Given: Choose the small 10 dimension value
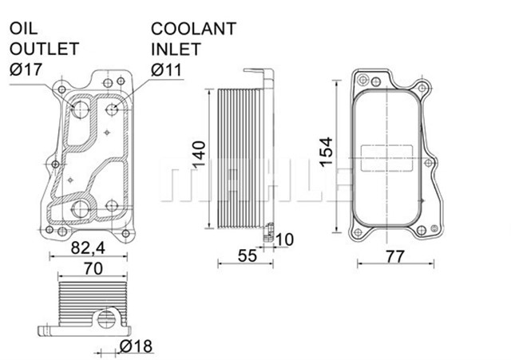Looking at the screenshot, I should [285, 239].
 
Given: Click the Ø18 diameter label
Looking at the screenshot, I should [137, 346].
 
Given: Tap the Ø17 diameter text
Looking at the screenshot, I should [28, 69].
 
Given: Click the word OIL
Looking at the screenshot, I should [25, 29].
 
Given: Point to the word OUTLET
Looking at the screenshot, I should [43, 49].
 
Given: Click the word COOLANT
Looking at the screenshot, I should [194, 29].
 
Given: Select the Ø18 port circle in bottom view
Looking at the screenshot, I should [104, 321].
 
